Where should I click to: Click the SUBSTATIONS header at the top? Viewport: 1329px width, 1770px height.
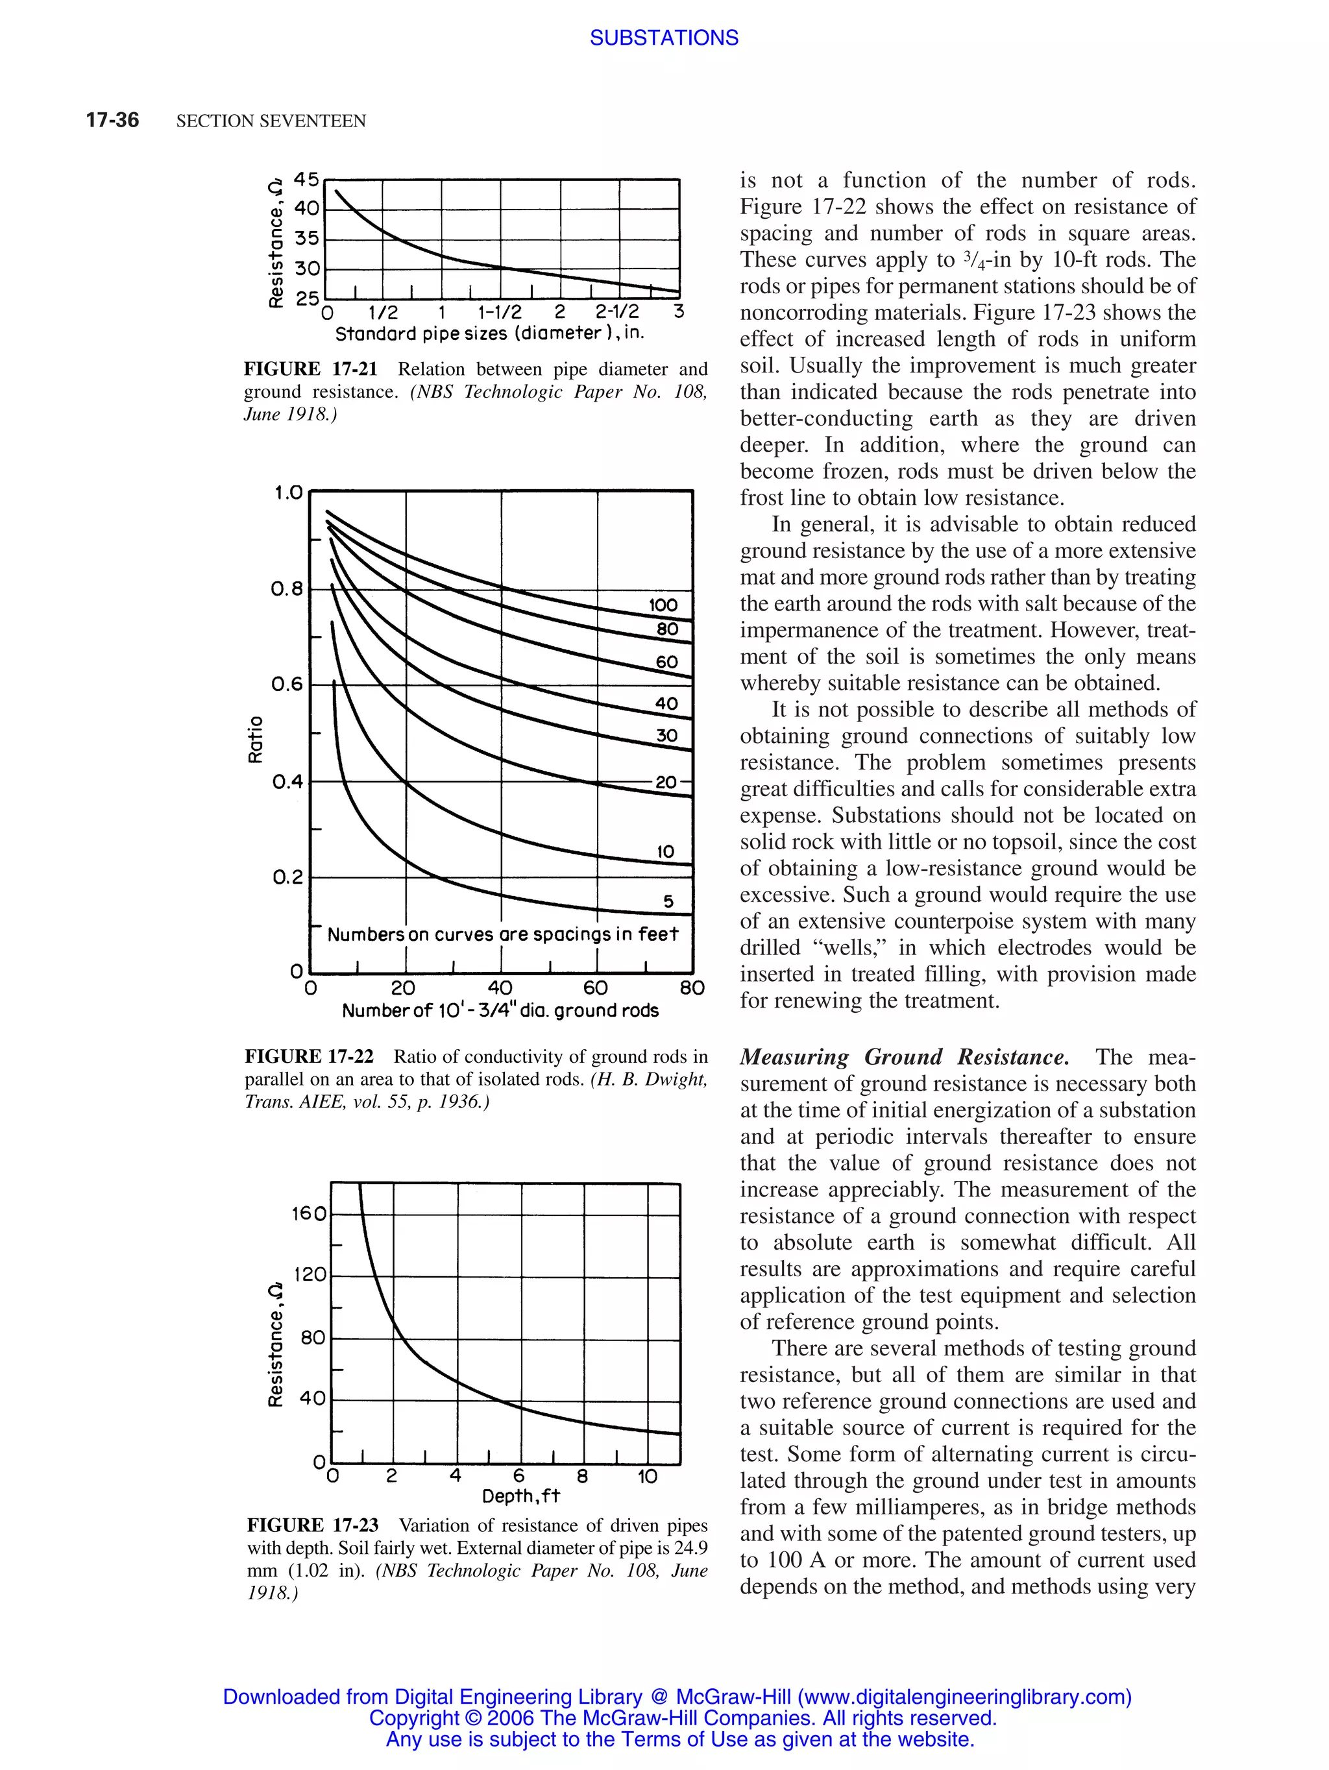coord(663,38)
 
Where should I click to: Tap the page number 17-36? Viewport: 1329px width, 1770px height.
coord(112,120)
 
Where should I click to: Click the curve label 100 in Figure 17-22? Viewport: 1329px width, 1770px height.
coord(663,605)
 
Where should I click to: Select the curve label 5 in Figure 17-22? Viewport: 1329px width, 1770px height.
coord(668,902)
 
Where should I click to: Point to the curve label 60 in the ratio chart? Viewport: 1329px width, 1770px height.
coord(666,662)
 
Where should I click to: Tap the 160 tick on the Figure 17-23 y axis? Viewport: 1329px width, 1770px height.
coord(309,1214)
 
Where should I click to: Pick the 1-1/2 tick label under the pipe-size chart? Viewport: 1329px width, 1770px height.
coord(499,312)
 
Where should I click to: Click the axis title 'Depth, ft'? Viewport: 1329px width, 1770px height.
coord(521,1496)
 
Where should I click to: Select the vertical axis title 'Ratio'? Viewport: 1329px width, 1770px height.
coord(255,738)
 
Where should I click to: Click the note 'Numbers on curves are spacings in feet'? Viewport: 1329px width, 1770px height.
coord(502,934)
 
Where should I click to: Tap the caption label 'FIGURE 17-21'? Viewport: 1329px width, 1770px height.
coord(310,369)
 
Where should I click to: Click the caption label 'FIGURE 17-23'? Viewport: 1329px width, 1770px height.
coord(312,1525)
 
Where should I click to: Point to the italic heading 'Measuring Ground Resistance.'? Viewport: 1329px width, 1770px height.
coord(903,1057)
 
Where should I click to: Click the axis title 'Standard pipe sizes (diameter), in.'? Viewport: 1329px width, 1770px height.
coord(489,333)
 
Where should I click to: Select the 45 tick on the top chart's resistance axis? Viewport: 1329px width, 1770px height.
coord(306,179)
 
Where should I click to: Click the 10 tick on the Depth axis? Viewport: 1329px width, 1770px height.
coord(646,1475)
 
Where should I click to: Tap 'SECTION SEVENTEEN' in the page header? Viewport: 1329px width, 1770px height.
coord(271,121)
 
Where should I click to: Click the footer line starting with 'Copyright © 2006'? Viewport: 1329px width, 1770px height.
coord(683,1718)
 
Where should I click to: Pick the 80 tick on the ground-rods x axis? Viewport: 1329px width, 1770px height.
coord(691,988)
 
